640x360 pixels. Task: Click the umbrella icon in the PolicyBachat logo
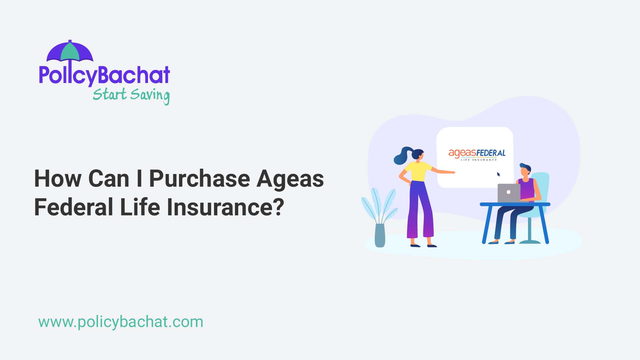70,52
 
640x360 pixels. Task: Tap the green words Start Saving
131,95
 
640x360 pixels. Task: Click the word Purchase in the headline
199,179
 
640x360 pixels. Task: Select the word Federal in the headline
74,207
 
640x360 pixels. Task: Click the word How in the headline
58,179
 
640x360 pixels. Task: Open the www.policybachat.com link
121,322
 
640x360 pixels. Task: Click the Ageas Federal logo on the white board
477,154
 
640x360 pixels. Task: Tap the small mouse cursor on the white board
498,174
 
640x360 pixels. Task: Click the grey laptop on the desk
509,193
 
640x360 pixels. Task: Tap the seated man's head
525,170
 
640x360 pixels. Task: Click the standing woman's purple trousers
420,210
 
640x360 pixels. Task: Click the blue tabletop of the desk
515,204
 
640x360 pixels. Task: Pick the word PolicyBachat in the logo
104,75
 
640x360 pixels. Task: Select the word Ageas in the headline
290,179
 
